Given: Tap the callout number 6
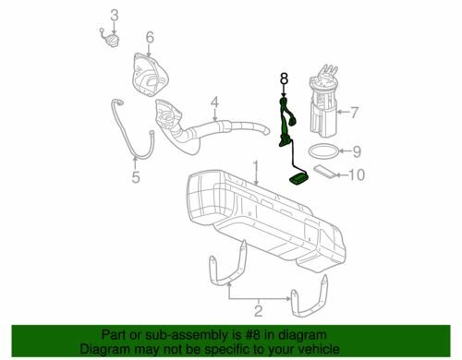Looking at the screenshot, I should [x=149, y=38].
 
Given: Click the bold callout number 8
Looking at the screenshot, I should [x=285, y=78].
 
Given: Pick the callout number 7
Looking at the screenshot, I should [x=352, y=113].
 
